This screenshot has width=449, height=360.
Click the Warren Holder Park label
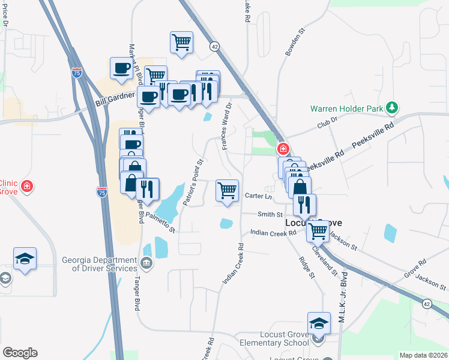click(x=346, y=109)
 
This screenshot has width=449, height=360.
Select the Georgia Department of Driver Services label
click(x=99, y=264)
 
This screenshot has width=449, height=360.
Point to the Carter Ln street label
click(x=258, y=196)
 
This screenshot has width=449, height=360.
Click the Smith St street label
click(x=270, y=214)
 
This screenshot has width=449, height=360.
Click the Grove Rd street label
click(x=415, y=268)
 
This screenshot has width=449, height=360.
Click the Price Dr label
click(x=5, y=14)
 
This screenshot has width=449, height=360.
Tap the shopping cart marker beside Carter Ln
click(x=227, y=191)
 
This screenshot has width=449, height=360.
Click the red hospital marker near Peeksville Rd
click(x=282, y=149)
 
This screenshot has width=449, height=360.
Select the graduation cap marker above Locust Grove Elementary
click(x=319, y=323)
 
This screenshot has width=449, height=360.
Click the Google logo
click(x=20, y=353)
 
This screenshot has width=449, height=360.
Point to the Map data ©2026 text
click(x=423, y=355)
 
